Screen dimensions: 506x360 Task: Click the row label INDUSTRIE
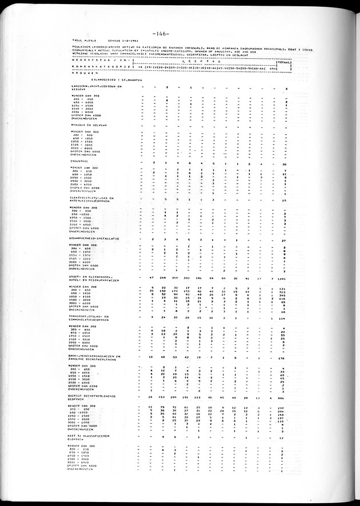pyautogui.click(x=80, y=162)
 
